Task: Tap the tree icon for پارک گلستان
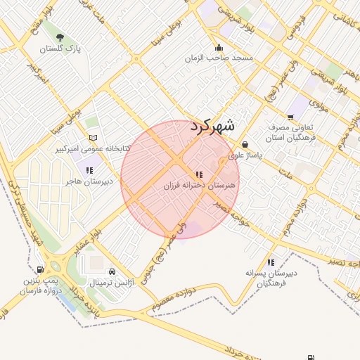[x=59, y=37]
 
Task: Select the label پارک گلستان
[x=60, y=49]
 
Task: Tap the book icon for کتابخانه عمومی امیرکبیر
[x=93, y=138]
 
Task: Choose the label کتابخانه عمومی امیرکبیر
[x=92, y=149]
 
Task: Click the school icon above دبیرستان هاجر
[x=88, y=169]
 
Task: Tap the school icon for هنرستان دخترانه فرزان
[x=200, y=173]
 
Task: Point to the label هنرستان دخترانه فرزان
[x=199, y=186]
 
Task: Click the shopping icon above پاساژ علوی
[x=244, y=145]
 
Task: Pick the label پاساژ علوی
[x=244, y=155]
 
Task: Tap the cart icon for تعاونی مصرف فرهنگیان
[x=290, y=117]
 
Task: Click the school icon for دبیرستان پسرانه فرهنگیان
[x=271, y=262]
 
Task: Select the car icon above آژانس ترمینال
[x=112, y=271]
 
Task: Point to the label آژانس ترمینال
[x=112, y=283]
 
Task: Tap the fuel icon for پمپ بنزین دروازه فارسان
[x=40, y=270]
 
